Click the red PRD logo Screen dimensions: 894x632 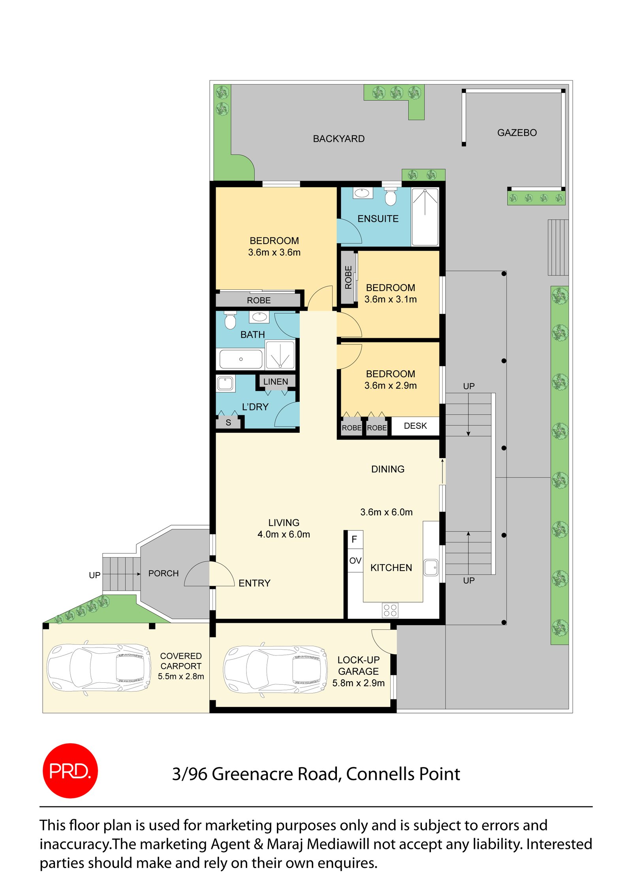point(70,770)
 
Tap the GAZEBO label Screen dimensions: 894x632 point(517,133)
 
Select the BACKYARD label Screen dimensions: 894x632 point(339,139)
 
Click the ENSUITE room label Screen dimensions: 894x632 point(378,219)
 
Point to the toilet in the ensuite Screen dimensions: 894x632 point(390,197)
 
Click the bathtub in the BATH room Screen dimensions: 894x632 point(241,359)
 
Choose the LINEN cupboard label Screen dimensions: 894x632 point(275,381)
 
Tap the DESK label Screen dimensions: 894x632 point(415,426)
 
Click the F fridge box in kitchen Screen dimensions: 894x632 point(354,539)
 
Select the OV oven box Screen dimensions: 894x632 point(355,561)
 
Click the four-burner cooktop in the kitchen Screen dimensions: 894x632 point(390,610)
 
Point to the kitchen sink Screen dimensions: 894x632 point(431,567)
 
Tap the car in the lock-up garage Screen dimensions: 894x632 point(275,669)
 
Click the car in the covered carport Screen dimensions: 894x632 point(98,668)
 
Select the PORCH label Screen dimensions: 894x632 point(164,573)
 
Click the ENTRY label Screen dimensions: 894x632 point(254,583)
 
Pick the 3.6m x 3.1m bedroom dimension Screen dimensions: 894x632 point(390,299)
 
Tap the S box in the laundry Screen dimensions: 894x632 point(228,423)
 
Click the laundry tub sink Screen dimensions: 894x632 point(225,383)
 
